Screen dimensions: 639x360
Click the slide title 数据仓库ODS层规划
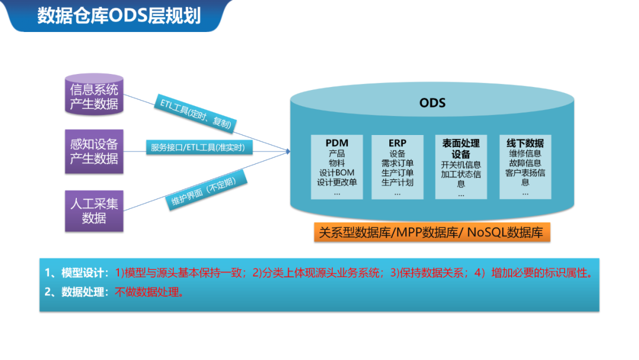[119, 15]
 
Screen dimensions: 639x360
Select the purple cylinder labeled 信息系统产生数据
[94, 97]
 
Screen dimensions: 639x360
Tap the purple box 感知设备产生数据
[94, 151]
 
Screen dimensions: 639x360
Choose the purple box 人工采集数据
[94, 210]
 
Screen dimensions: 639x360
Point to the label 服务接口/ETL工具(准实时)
[198, 147]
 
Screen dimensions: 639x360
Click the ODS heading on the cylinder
[432, 103]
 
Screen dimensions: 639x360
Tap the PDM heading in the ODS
[337, 143]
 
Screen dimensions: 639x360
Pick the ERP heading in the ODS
[397, 143]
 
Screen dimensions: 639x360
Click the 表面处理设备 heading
[461, 149]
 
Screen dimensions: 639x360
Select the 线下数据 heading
[525, 143]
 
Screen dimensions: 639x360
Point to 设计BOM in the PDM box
[337, 172]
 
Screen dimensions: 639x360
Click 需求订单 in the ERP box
[397, 163]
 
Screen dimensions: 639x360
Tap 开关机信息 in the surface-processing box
[461, 165]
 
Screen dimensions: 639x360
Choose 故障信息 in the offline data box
[525, 163]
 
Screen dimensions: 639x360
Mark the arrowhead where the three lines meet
[288, 152]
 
